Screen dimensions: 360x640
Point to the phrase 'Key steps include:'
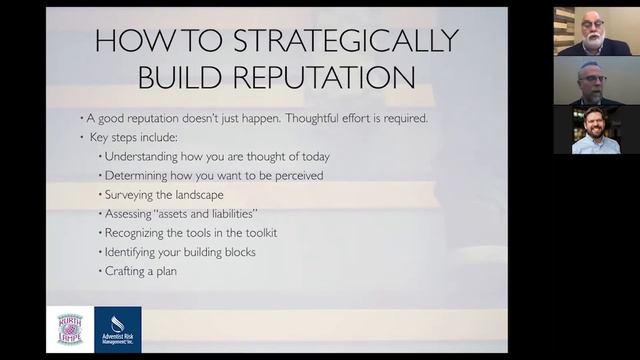click(x=131, y=137)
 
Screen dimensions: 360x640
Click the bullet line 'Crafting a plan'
click(x=141, y=270)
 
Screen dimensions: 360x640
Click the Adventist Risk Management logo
click(x=118, y=329)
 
